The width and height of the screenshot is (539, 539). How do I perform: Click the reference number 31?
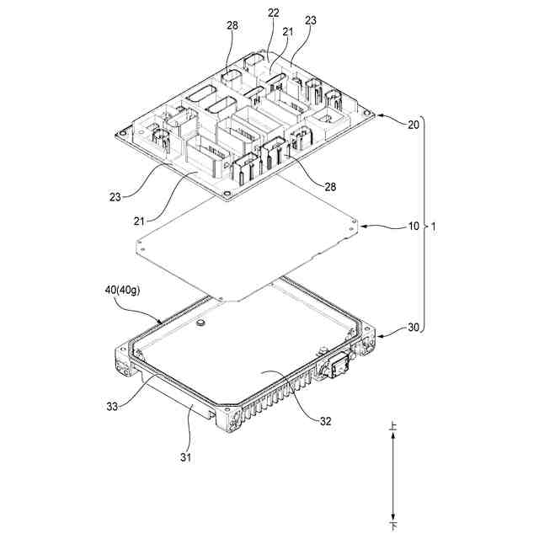click(187, 457)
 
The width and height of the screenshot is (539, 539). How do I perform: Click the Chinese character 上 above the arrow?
click(393, 429)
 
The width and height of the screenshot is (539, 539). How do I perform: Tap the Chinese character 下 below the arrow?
click(393, 525)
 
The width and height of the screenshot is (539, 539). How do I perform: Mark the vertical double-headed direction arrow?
click(393, 476)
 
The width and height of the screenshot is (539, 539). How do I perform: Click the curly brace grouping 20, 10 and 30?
click(424, 227)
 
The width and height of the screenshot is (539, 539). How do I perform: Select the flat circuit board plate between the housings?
click(248, 244)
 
